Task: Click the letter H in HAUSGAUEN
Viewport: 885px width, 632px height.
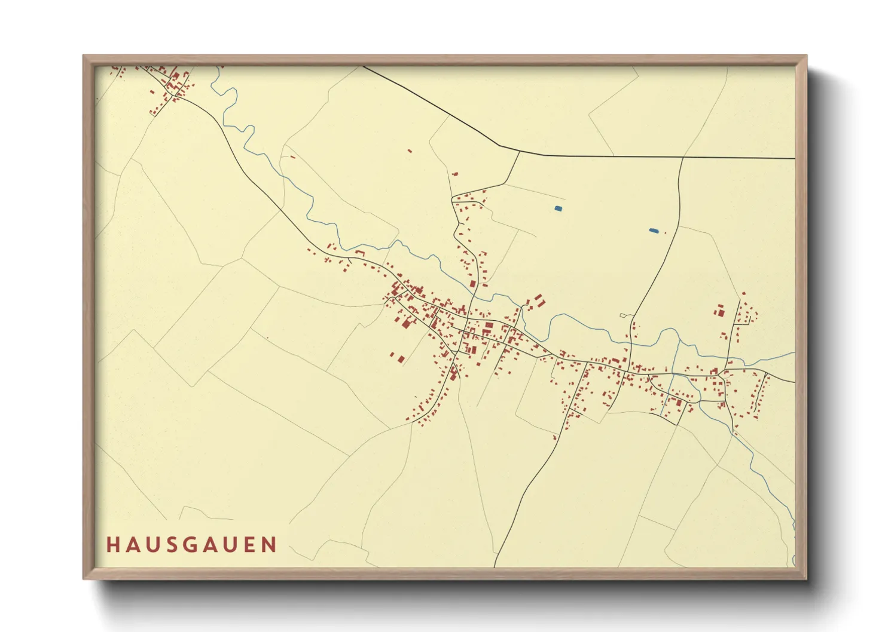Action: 112,545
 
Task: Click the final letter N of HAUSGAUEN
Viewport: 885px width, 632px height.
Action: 270,545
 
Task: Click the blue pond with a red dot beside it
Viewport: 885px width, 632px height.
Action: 654,231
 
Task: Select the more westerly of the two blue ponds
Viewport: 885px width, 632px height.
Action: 558,208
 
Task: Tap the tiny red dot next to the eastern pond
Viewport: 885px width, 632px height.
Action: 665,232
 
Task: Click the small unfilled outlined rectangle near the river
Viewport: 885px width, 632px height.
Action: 623,315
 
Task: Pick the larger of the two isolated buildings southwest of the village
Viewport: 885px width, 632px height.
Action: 401,359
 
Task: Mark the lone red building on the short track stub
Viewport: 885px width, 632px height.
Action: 455,174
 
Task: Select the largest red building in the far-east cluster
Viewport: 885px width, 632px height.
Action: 720,312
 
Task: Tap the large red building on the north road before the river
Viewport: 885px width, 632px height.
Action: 472,284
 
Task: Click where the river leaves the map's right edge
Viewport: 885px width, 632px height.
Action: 794,354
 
